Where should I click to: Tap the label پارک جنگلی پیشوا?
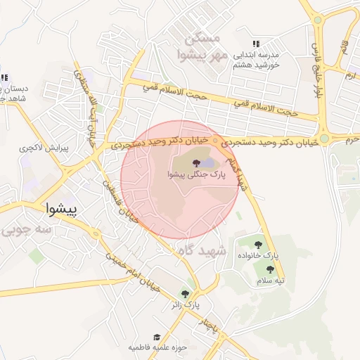coord(201,175)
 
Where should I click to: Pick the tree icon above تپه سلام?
coord(270,269)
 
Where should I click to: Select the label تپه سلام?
coord(271,281)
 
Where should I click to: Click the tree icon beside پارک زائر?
coord(185,294)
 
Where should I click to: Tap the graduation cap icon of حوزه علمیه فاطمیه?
coord(157,337)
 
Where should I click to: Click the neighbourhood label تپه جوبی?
coord(27,230)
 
